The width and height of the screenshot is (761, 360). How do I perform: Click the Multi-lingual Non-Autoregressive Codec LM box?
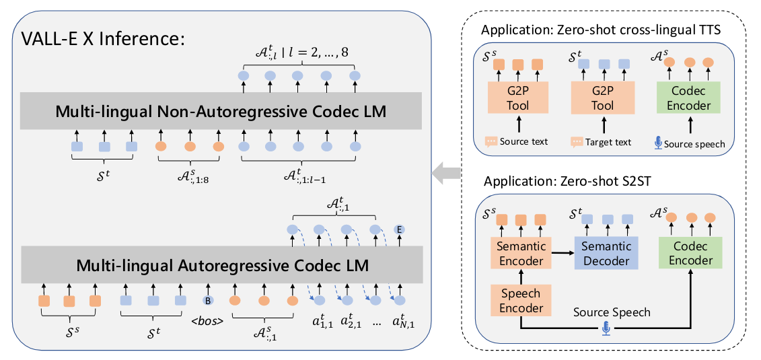pos(221,111)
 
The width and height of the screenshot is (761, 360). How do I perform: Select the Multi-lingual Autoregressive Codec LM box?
pos(221,265)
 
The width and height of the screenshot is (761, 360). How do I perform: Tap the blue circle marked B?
pos(208,301)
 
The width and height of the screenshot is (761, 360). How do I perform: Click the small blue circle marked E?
pos(400,229)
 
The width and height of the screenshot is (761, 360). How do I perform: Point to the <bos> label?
pos(207,321)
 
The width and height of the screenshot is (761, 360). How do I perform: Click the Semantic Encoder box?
pos(520,252)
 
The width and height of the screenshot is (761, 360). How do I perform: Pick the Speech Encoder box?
pos(520,301)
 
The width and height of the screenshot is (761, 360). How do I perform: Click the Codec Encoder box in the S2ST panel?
pos(691,252)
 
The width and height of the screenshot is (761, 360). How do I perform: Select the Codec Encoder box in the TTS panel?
pos(688,97)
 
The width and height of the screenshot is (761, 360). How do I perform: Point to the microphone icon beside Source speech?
pos(658,142)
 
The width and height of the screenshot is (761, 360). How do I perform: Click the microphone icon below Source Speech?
pos(606,329)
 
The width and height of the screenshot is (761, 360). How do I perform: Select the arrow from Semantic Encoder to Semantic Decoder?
pos(562,252)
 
